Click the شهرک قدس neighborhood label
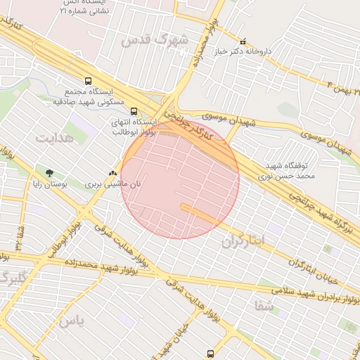[154, 41]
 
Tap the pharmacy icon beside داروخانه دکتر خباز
[243, 41]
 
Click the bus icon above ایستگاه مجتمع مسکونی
[88, 82]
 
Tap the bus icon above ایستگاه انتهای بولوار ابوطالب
[134, 110]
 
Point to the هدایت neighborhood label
[54, 137]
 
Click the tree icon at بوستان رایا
[49, 172]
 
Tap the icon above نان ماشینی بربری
[113, 173]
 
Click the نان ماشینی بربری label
[113, 184]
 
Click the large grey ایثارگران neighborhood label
[244, 242]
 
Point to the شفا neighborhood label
[264, 306]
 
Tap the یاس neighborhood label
[71, 322]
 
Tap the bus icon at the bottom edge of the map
[210, 354]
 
